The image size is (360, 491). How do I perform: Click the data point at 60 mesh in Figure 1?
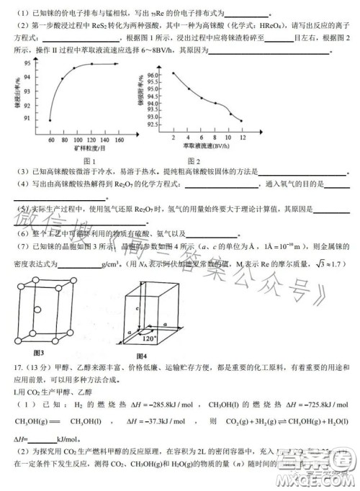point(50,120)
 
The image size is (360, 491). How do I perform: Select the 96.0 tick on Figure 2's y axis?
point(153,75)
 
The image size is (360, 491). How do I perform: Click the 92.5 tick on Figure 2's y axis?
point(153,124)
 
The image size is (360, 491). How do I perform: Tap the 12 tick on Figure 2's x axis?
point(242,137)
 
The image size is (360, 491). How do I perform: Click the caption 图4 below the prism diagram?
point(140,356)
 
